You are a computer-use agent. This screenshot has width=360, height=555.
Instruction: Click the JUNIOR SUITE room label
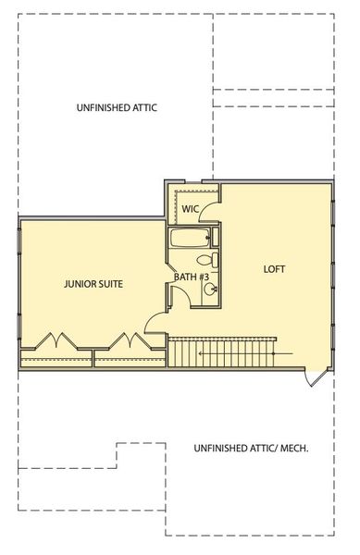[93, 284]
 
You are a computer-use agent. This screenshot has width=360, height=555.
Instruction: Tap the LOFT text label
[274, 269]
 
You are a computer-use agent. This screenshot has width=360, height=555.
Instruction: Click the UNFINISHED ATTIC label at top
[117, 108]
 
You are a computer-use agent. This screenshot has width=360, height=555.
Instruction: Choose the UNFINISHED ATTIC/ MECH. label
[251, 449]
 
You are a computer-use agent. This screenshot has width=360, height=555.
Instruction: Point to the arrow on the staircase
[282, 354]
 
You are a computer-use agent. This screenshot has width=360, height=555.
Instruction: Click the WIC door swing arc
[208, 212]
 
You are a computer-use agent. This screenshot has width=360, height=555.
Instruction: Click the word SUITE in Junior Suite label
[109, 284]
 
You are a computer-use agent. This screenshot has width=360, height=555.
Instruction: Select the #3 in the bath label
[205, 277]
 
